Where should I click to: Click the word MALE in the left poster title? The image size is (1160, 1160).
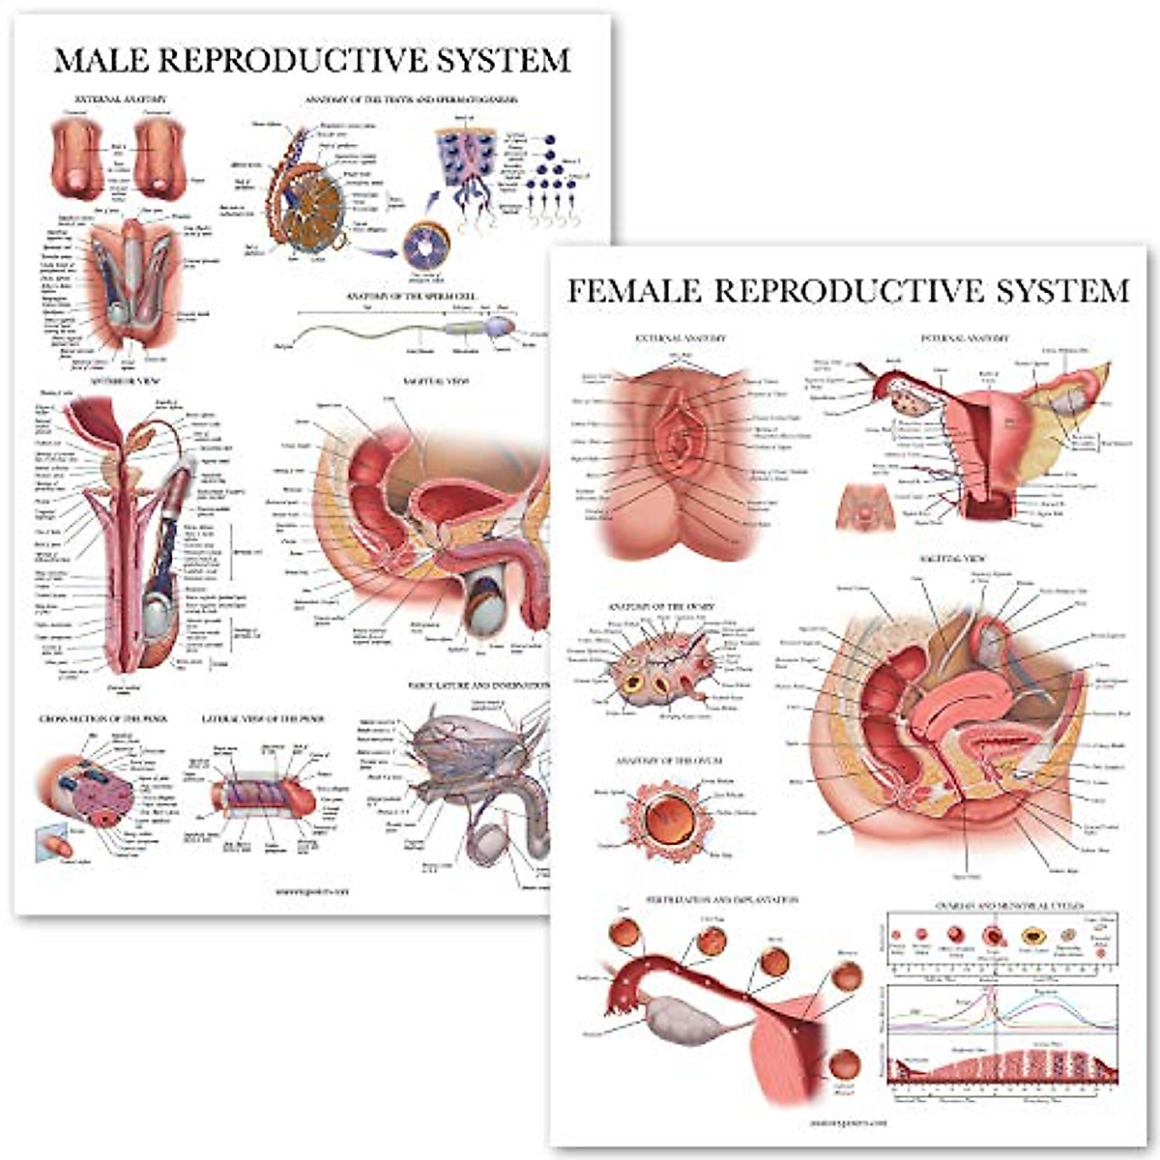tap(101, 60)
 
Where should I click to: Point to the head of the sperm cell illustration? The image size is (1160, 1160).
tap(495, 329)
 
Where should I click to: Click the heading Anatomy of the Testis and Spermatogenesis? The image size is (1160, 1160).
tap(411, 100)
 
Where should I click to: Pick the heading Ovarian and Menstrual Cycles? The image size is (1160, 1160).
tap(1000, 905)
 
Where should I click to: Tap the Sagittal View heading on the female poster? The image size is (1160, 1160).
tap(968, 559)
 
